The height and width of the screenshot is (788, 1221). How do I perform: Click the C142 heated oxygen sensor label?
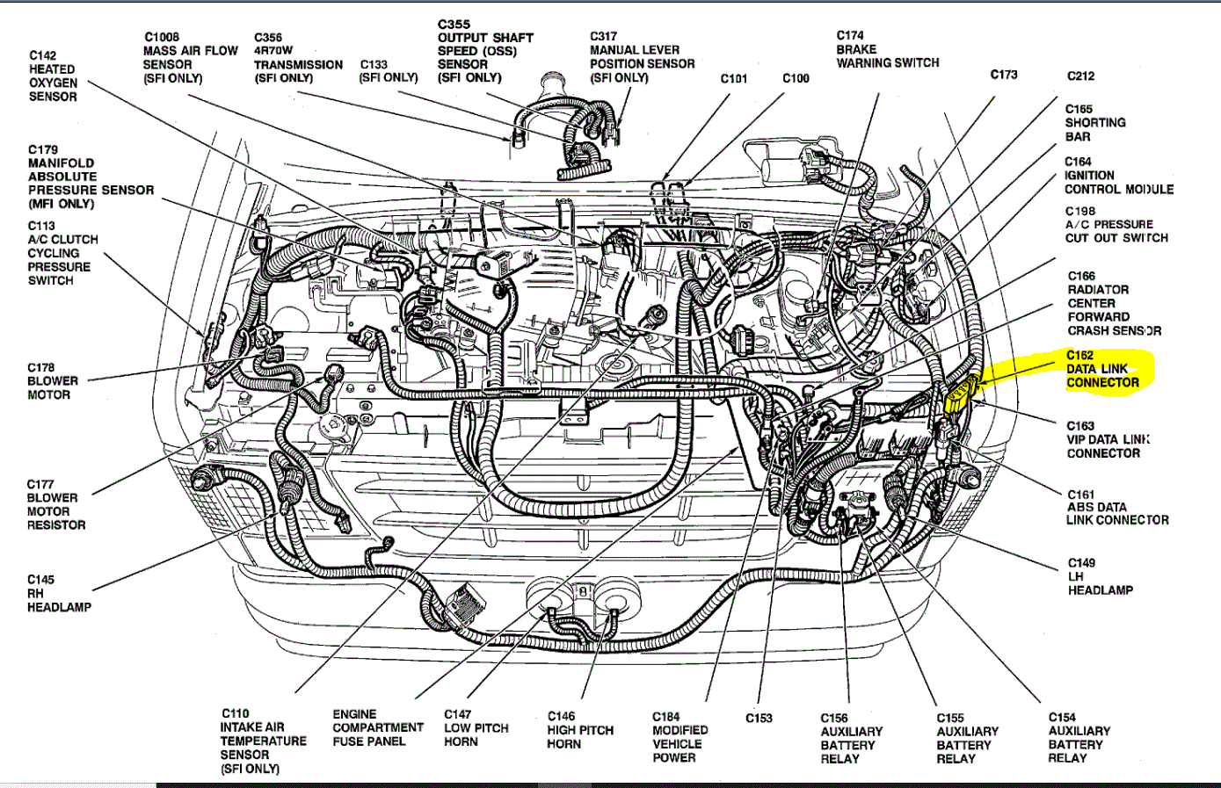click(53, 76)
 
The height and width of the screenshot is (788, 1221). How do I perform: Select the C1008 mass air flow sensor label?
click(190, 58)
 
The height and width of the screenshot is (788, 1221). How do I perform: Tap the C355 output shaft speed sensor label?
click(485, 51)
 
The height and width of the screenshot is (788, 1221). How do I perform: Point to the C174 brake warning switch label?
click(887, 50)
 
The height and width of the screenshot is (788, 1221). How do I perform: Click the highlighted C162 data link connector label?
click(1102, 369)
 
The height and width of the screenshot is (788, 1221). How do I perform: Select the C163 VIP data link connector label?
click(1107, 439)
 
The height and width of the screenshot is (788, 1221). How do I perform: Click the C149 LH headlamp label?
click(1100, 576)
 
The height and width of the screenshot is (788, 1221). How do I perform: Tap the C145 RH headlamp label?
click(59, 593)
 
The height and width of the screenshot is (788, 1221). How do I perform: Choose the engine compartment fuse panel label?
click(377, 728)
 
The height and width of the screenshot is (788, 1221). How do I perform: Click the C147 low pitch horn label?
click(476, 728)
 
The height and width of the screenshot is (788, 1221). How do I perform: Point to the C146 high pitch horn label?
click(580, 730)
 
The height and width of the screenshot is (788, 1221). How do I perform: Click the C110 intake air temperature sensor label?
click(263, 741)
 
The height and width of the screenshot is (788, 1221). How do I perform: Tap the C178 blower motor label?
click(53, 381)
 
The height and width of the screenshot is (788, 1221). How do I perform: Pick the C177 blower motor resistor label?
click(56, 504)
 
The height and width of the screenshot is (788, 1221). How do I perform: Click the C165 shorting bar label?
click(1094, 123)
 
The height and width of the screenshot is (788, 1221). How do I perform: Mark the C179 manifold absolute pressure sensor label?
click(90, 177)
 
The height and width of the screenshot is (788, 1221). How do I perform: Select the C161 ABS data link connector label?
click(1116, 507)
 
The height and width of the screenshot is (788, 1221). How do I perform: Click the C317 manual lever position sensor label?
click(641, 57)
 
